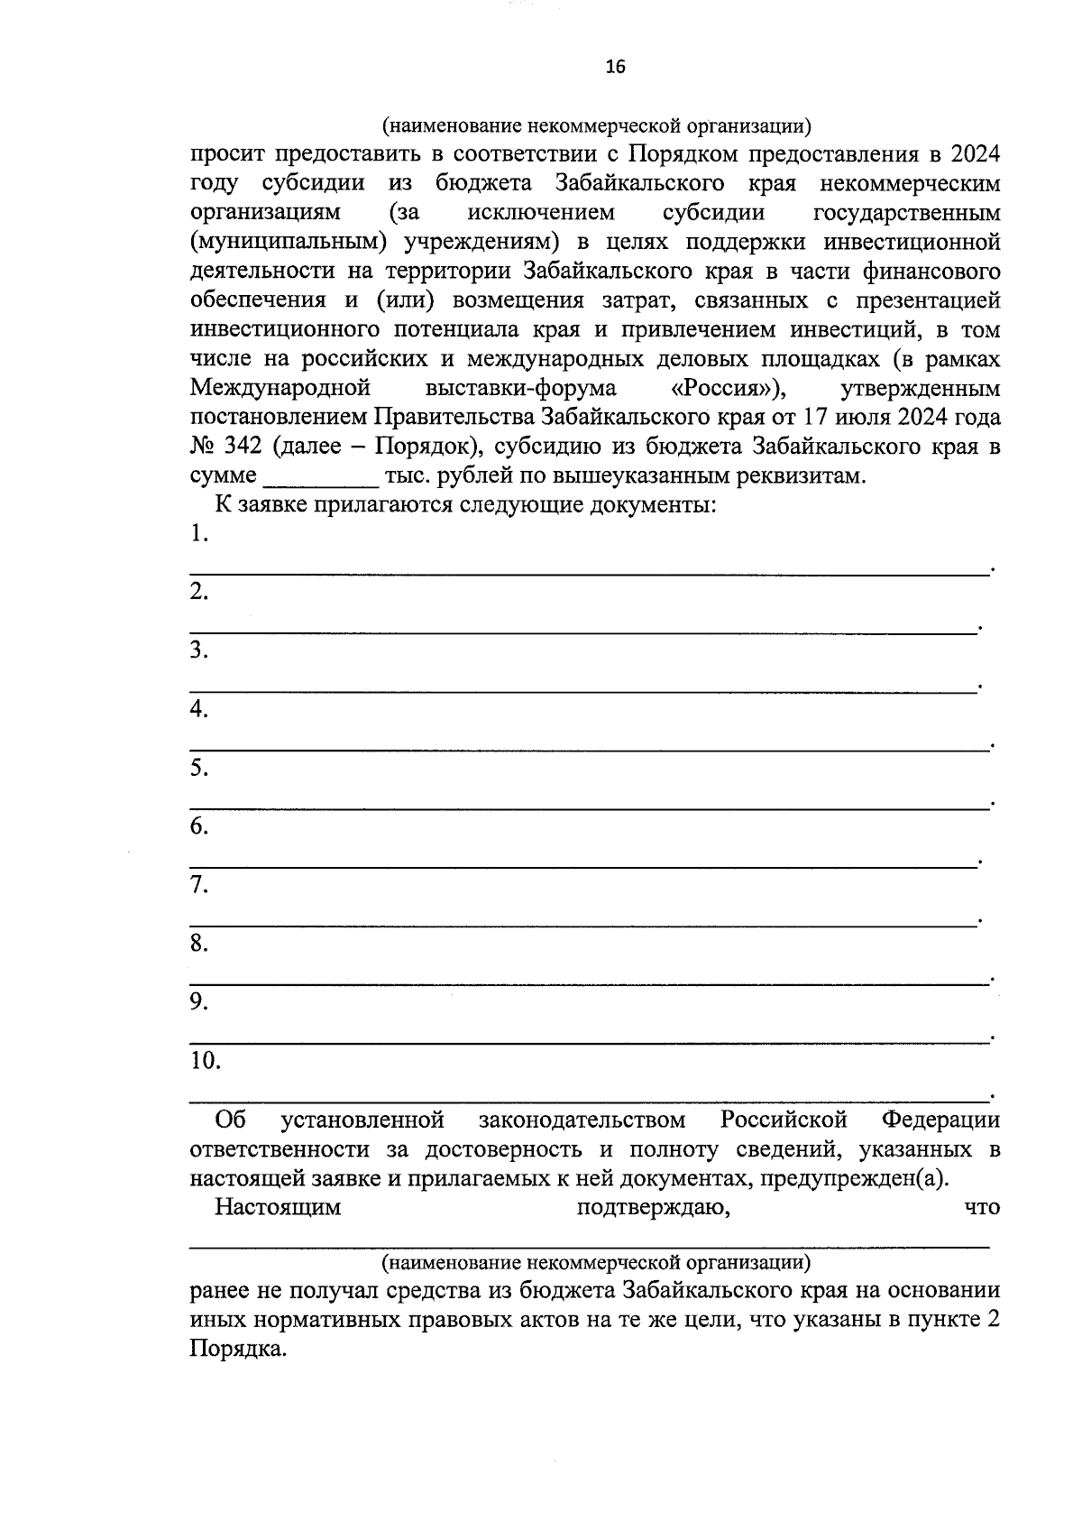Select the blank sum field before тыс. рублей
[x=319, y=476]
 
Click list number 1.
[x=198, y=534]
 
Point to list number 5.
[x=198, y=769]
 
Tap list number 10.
[x=205, y=1061]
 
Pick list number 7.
[x=198, y=886]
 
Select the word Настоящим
[x=278, y=1207]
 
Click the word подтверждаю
[x=652, y=1207]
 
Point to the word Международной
[x=280, y=388]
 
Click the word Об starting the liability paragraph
[x=230, y=1120]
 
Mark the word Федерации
[x=940, y=1120]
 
